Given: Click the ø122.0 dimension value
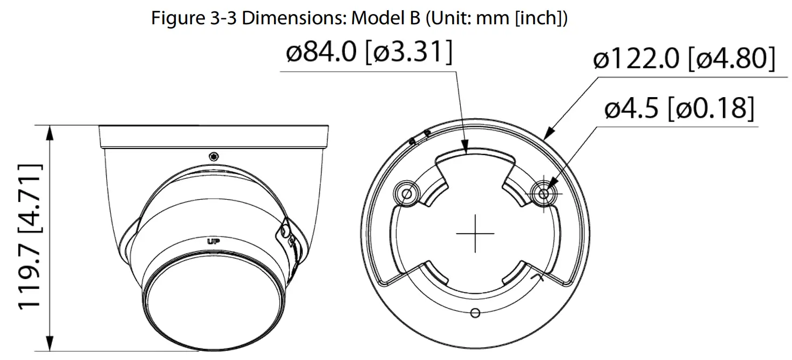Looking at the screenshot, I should [637, 59].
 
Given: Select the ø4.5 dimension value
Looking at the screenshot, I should [632, 110].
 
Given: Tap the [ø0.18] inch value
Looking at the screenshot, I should [711, 110].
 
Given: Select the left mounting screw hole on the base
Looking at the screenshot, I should [407, 192].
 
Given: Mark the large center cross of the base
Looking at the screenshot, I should [475, 233].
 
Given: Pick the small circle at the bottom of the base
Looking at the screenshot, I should [475, 313].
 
